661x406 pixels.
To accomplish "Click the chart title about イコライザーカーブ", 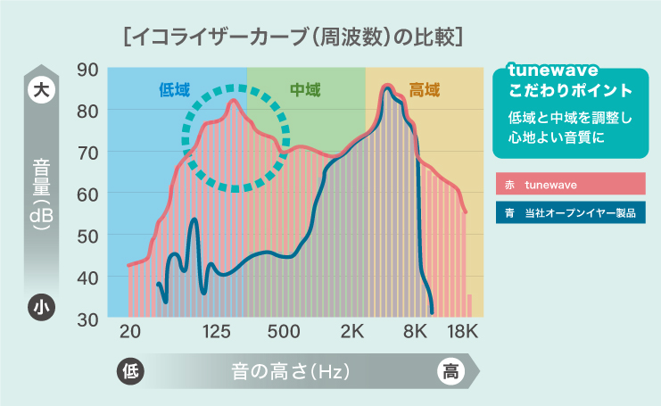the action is click(x=293, y=37).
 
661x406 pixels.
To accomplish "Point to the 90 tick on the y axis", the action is click(x=87, y=70).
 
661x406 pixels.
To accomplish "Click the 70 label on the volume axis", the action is click(x=87, y=153).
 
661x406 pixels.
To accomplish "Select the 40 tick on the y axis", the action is click(x=87, y=278).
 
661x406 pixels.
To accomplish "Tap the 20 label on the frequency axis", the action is click(x=130, y=332).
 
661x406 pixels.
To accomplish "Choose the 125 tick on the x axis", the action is click(x=216, y=332).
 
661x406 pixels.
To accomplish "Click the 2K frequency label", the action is click(x=352, y=332).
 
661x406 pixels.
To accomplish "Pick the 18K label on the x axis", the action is click(x=462, y=332).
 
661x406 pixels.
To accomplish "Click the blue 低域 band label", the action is click(x=175, y=90).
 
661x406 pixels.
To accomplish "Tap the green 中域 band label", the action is click(x=305, y=90).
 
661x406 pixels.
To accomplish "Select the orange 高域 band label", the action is click(x=424, y=90).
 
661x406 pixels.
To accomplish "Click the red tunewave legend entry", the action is click(x=570, y=184).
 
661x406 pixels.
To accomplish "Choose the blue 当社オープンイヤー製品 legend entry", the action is click(x=570, y=212).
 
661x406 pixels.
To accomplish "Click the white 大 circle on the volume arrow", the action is click(x=41, y=90).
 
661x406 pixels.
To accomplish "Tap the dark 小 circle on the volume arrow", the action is click(x=41, y=307).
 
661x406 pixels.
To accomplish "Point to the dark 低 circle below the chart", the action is click(x=130, y=371).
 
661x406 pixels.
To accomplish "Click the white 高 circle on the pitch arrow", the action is click(x=450, y=371).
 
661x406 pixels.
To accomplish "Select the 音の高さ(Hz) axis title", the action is click(x=291, y=371).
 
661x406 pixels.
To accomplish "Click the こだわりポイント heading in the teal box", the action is click(x=570, y=91).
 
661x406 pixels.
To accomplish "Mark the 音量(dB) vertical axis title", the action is click(x=41, y=194).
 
